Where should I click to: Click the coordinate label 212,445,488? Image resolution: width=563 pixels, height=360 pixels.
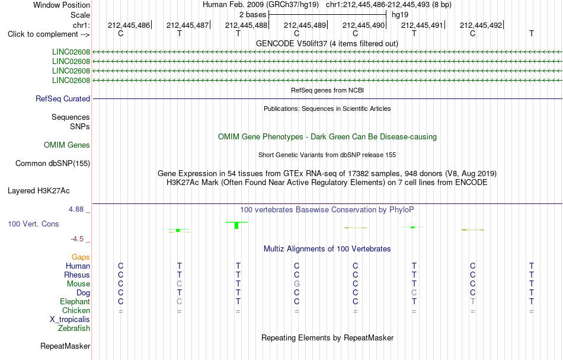coord(246,25)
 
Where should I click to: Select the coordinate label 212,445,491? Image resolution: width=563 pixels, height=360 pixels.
coord(422,25)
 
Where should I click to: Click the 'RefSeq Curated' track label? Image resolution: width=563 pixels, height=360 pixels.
coord(63,99)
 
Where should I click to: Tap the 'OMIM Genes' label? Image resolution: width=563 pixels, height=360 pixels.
coord(67,145)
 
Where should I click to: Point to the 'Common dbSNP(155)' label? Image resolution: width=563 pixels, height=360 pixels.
coord(53,164)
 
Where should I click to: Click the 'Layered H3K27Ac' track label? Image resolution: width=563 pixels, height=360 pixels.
coord(39,191)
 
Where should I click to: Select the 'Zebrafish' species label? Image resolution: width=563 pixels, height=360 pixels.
coord(74,328)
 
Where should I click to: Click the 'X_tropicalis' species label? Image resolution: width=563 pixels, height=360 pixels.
coord(70,320)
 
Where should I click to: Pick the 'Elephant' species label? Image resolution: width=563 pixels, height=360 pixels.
coord(75,301)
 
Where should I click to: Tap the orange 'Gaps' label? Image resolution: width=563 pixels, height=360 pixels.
coord(81,257)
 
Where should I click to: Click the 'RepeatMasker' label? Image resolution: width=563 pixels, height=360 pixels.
coord(65,346)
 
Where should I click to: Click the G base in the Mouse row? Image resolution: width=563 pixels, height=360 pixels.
coord(296,284)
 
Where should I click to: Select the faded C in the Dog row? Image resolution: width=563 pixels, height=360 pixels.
coord(414,293)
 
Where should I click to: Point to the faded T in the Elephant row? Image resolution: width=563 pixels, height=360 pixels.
coord(472,301)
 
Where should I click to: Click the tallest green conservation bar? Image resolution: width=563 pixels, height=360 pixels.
coord(236,225)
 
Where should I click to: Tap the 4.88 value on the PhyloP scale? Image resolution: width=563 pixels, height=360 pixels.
coord(76,209)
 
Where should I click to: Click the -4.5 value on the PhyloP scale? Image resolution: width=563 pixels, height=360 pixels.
coord(77,239)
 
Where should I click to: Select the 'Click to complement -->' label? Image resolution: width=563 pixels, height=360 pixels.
coord(49,34)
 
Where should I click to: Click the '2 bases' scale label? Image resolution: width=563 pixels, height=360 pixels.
coord(253,15)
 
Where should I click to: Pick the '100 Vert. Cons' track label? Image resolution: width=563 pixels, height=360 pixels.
coord(33,224)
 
